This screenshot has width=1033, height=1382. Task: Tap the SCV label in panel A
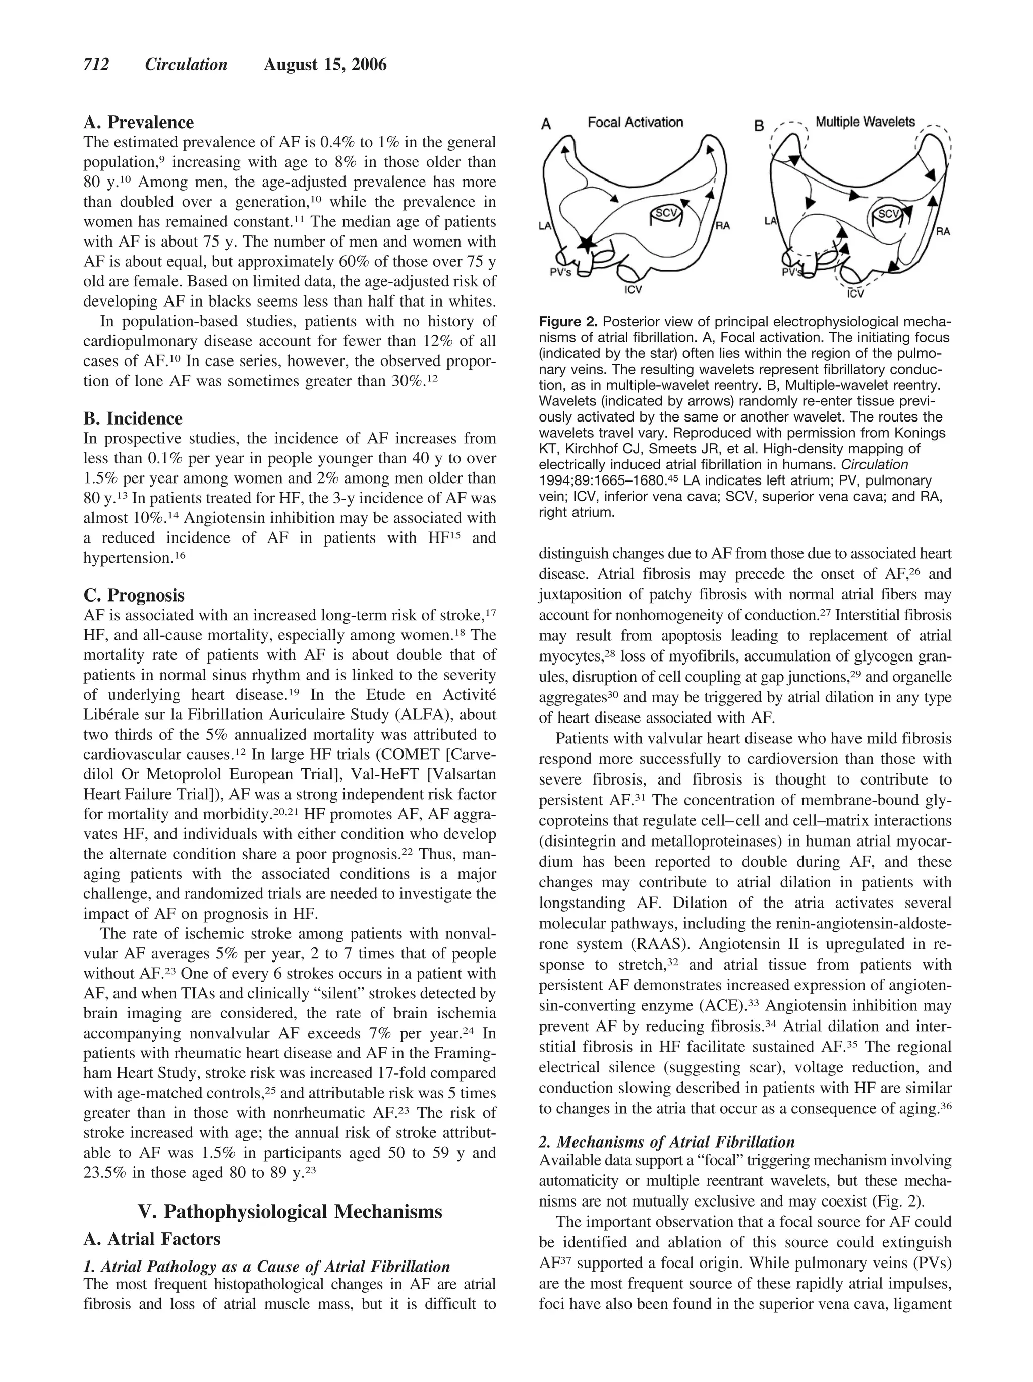click(x=665, y=213)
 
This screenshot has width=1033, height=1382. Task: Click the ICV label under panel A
click(x=633, y=290)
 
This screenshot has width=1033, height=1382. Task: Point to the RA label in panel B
click(x=942, y=231)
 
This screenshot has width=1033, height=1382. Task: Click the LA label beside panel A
click(x=544, y=225)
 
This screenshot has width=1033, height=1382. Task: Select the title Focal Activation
click(x=635, y=123)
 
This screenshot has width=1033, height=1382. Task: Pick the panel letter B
click(x=759, y=126)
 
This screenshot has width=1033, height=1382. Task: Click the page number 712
click(x=96, y=65)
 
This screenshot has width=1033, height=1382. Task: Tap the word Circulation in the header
click(x=186, y=65)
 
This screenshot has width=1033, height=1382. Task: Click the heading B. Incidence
click(x=133, y=418)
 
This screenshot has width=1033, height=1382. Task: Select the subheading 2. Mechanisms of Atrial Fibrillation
click(x=666, y=1142)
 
